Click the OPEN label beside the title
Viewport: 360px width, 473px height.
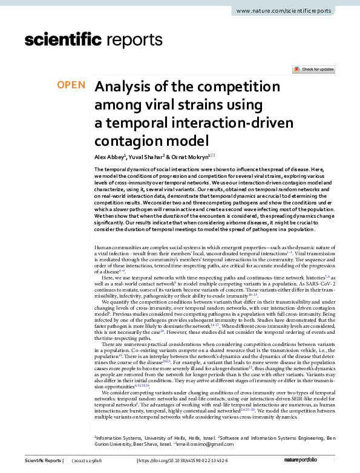click(x=71, y=85)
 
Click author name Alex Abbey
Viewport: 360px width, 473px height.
click(x=110, y=157)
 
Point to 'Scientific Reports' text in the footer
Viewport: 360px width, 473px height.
click(x=43, y=462)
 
